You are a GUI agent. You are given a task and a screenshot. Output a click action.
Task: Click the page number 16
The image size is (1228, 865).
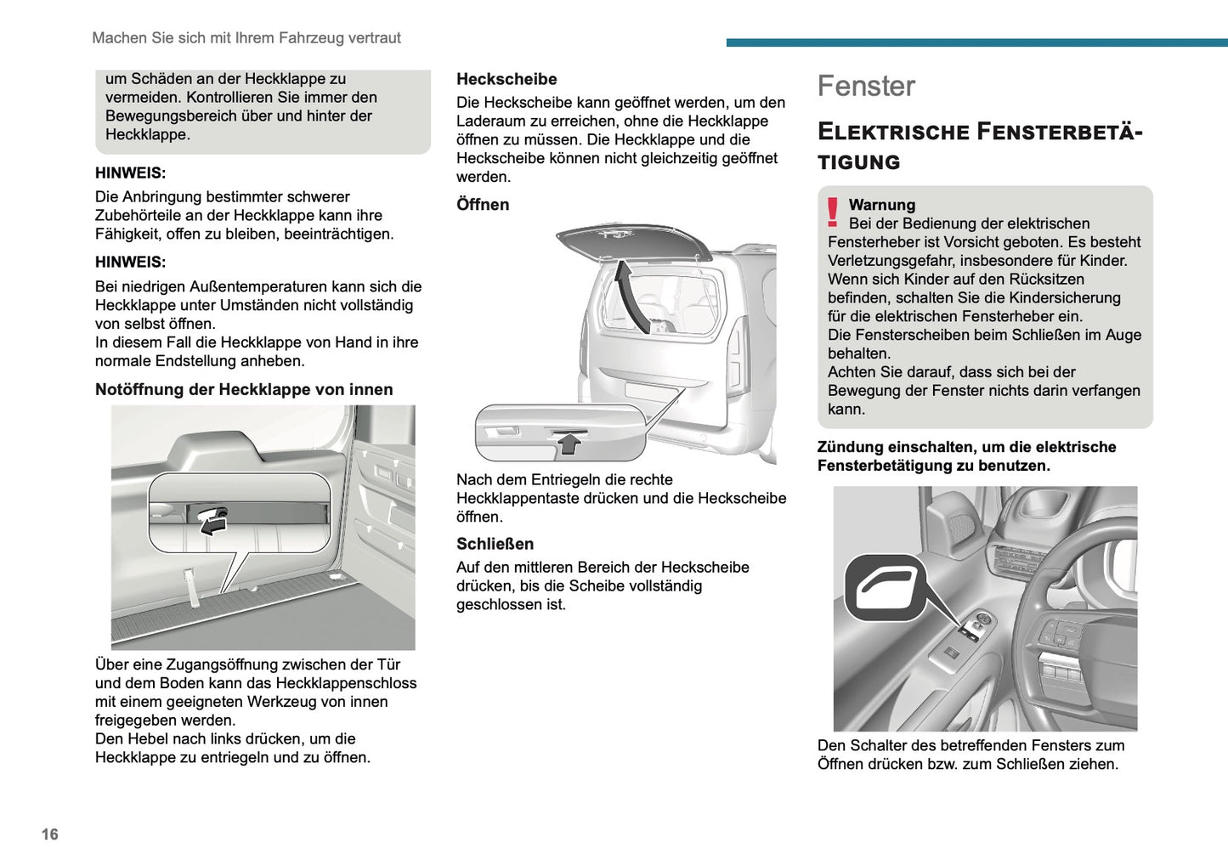click(50, 834)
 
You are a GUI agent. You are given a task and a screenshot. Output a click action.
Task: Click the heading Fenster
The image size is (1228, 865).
click(866, 86)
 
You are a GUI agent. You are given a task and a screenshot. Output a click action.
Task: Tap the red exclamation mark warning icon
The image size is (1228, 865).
click(833, 212)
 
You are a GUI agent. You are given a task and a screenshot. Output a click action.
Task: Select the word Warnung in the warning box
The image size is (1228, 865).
click(882, 205)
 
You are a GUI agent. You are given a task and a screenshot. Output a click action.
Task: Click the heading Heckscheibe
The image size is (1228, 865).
click(506, 79)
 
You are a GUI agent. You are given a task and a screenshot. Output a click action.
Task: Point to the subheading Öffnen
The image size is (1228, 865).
click(483, 205)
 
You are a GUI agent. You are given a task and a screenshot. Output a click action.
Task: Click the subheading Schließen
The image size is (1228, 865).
click(495, 544)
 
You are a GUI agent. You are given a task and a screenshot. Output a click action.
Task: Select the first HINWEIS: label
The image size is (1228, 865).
click(130, 173)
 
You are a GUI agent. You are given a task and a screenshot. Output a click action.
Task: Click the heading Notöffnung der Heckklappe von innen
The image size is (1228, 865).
click(244, 390)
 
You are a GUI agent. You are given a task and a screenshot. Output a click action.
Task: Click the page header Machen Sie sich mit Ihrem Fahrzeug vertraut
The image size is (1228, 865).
click(246, 38)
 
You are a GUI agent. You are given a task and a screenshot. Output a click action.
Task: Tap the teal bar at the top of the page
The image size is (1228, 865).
click(976, 42)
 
